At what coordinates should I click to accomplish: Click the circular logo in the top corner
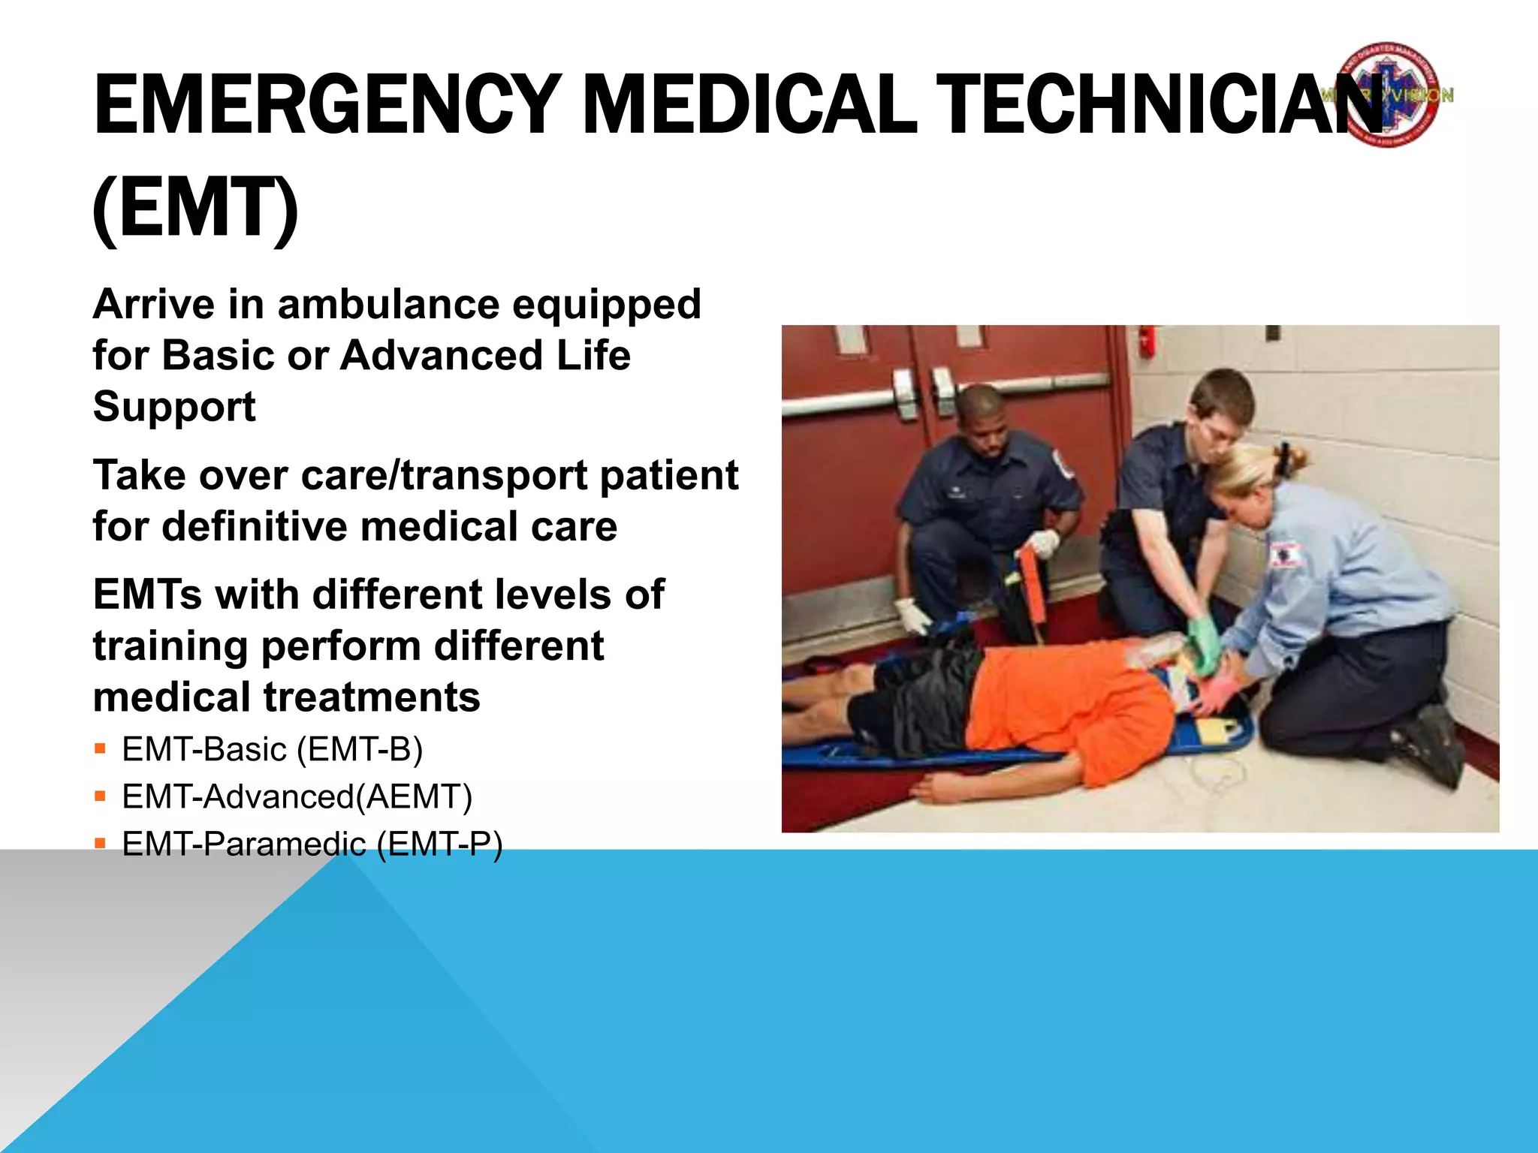[x=1389, y=95]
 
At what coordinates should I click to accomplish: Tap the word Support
[x=174, y=407]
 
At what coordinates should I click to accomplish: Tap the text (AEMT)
[x=414, y=797]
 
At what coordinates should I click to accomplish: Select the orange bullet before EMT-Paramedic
[x=101, y=844]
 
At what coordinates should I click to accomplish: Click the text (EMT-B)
[x=360, y=750]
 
